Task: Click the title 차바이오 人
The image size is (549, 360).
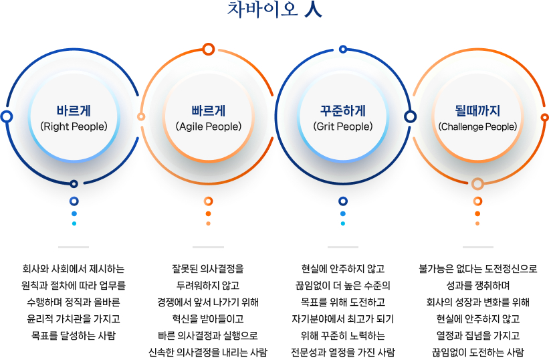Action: pos(274,9)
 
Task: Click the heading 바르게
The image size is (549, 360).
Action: pos(74,110)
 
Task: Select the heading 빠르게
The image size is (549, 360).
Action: pos(209,110)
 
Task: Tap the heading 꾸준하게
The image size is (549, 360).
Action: pos(343,110)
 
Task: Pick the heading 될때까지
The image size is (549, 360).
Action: pos(477,110)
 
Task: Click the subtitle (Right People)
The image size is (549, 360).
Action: pos(74,126)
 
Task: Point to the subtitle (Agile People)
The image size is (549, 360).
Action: pos(209,126)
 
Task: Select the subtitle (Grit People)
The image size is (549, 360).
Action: pos(343,126)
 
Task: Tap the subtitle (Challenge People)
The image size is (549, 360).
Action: pos(477,126)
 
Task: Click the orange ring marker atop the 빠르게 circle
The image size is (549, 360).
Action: pos(209,49)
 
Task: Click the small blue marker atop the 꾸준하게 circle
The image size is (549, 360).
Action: pos(343,49)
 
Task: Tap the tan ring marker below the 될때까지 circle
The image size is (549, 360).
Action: pos(477,183)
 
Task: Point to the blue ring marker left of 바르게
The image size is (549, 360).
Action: pos(6,116)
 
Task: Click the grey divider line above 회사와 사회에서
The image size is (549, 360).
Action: pos(74,247)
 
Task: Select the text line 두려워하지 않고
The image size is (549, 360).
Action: pos(208,286)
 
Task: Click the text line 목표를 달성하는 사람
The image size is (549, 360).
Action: pos(74,335)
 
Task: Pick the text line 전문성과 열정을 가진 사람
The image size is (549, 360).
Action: pos(343,352)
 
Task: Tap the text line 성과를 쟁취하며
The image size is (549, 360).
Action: pos(477,286)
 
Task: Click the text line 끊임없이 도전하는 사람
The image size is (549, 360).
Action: pos(477,352)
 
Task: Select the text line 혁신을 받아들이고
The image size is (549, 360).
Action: pos(208,319)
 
